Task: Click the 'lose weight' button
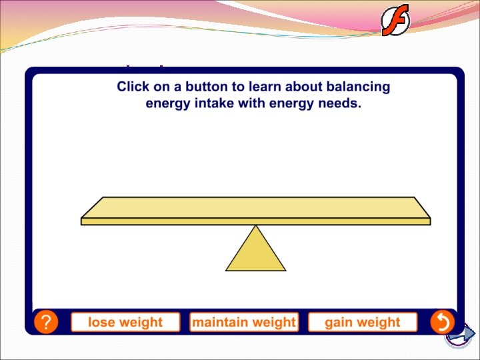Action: (x=125, y=323)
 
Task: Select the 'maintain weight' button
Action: (x=244, y=323)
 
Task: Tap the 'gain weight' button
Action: (x=363, y=323)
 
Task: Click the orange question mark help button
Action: (x=45, y=323)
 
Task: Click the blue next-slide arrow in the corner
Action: (x=459, y=335)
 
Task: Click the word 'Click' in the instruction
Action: (x=132, y=87)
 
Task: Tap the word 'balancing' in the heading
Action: (x=360, y=87)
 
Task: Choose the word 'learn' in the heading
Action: (x=259, y=87)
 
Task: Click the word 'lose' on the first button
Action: (x=101, y=323)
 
